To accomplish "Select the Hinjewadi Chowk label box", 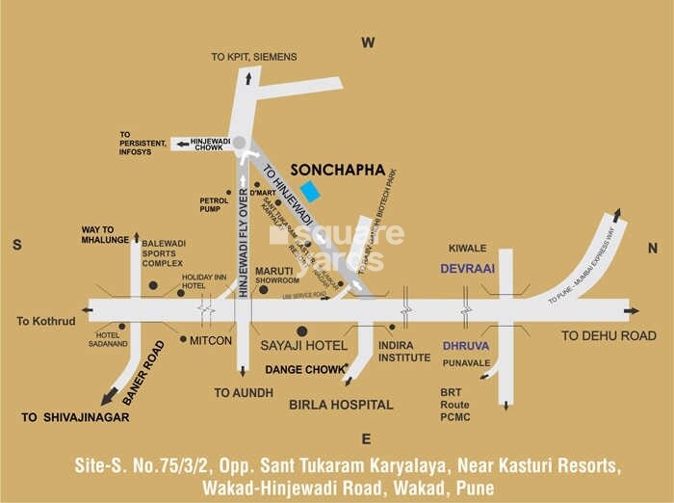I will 208,145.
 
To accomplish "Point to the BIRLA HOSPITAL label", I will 341,405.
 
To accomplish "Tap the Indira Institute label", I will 404,351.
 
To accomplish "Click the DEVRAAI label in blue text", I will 467,270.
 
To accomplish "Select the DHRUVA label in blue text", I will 466,345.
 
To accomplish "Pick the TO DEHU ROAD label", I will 609,335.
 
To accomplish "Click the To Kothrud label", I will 44,321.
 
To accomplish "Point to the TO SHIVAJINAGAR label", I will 75,417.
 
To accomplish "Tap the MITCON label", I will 211,340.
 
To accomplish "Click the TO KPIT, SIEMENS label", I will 254,57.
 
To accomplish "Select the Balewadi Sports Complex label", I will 163,253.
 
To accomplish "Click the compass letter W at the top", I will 367,42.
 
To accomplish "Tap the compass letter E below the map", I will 366,439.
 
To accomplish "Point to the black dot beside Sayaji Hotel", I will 301,331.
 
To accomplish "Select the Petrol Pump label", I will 214,204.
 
